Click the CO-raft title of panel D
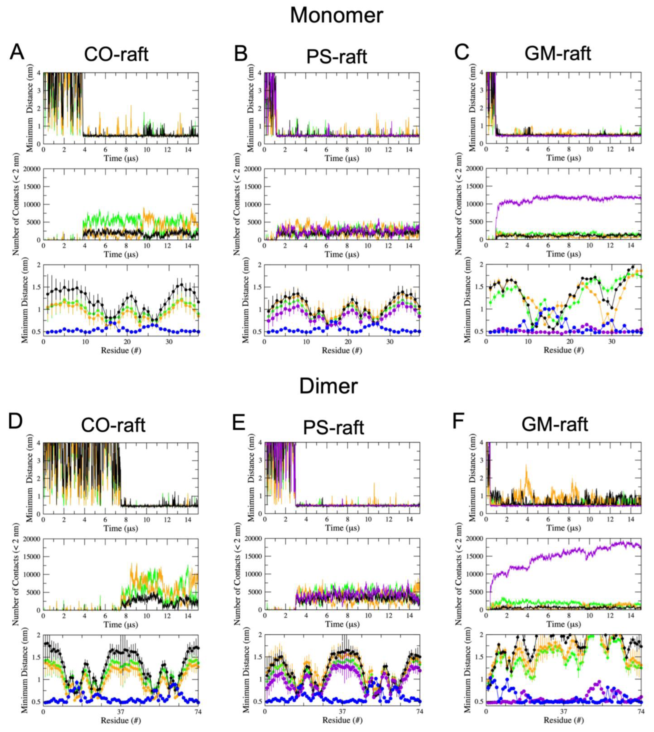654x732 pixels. point(113,425)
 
